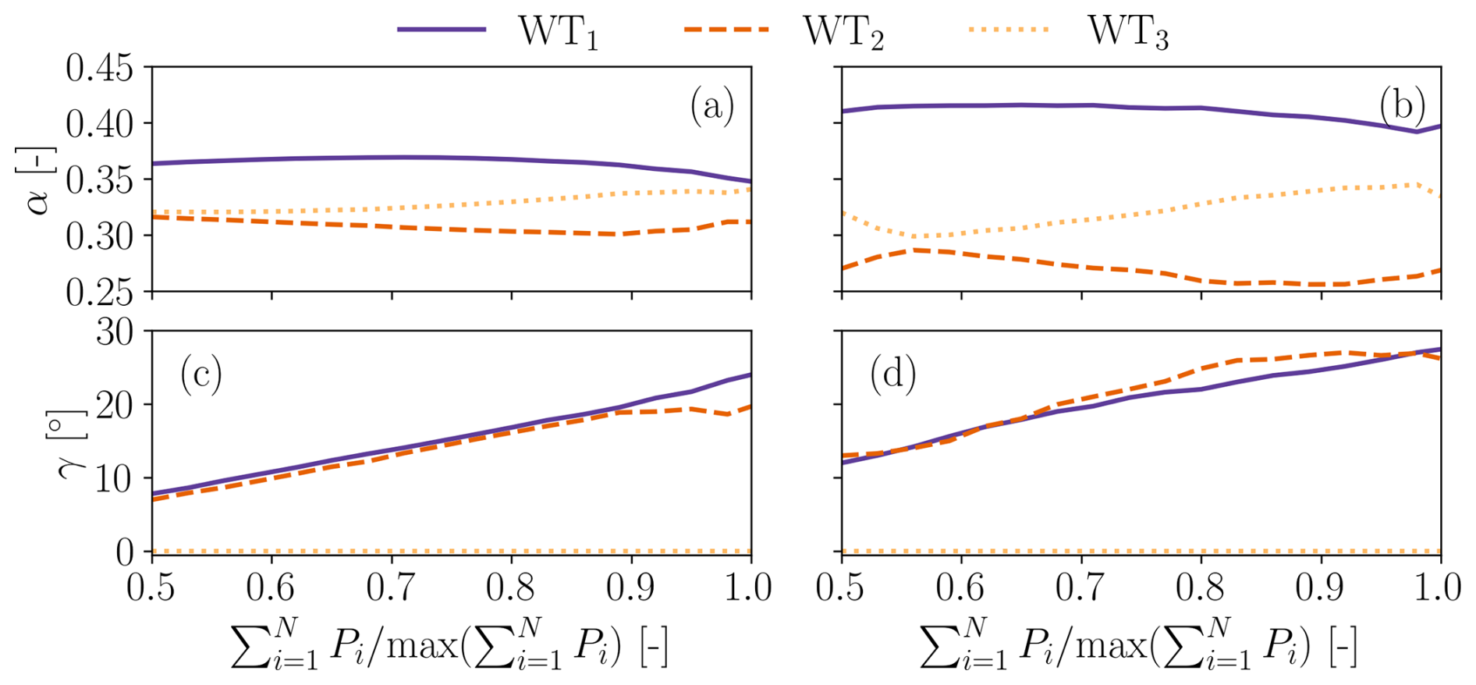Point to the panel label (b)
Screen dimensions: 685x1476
coord(1402,105)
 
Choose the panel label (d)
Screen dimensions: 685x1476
coord(892,374)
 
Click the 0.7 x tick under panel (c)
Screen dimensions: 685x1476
coord(391,587)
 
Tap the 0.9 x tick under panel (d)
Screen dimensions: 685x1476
coord(1321,587)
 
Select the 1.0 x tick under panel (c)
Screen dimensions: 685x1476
coord(749,587)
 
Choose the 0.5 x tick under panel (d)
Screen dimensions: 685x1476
coord(841,587)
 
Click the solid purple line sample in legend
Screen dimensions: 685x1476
coord(442,30)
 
